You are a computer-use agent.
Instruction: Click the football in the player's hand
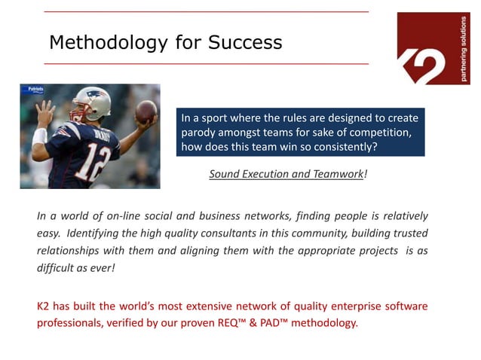[x=146, y=111]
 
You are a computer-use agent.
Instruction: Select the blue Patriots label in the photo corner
[x=34, y=89]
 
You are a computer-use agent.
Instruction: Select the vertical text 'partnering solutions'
[x=463, y=48]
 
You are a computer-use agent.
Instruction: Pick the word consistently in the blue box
[x=340, y=146]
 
